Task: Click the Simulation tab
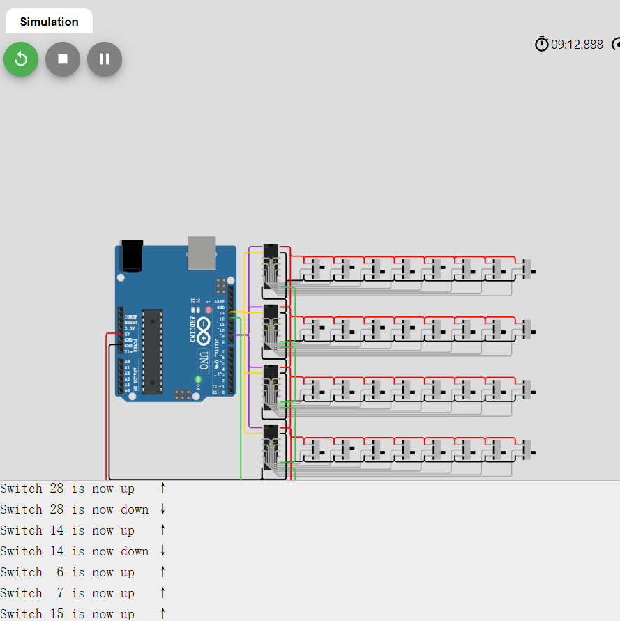tap(49, 22)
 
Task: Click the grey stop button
tap(63, 59)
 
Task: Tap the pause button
tap(105, 59)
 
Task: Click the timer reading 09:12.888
tap(577, 45)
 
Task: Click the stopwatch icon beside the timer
tap(542, 45)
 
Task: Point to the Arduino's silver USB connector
tap(202, 252)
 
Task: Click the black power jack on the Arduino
tap(131, 255)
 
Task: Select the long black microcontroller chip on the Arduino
tap(152, 351)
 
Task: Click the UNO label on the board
tap(203, 360)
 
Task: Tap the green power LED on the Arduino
tap(198, 380)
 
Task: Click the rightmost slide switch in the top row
tap(527, 269)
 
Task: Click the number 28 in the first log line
tap(56, 489)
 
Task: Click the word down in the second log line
tap(135, 510)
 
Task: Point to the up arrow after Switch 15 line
tap(162, 613)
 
